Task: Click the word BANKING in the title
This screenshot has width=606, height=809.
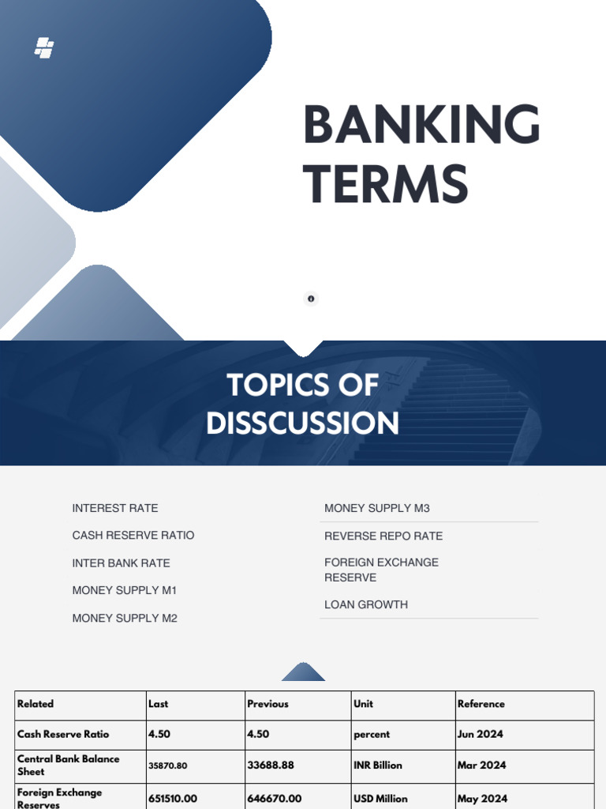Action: (x=421, y=126)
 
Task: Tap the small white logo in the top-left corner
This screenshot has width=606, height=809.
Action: (x=44, y=48)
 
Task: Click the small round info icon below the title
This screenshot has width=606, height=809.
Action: (x=311, y=299)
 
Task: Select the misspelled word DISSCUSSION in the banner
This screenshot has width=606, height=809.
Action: (x=302, y=423)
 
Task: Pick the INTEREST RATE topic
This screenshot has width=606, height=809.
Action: (x=115, y=508)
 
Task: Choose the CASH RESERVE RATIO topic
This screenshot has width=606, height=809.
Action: (x=133, y=535)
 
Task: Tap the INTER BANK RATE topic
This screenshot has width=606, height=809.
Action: (x=121, y=563)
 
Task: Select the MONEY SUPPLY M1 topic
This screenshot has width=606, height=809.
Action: (x=125, y=590)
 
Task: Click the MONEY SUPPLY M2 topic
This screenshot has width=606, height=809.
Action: (x=125, y=618)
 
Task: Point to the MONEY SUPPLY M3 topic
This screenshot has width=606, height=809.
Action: (x=377, y=508)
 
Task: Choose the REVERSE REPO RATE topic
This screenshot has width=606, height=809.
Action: (x=383, y=536)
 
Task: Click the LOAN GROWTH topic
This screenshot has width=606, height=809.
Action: (x=366, y=604)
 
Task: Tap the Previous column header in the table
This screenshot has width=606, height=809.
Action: (x=267, y=704)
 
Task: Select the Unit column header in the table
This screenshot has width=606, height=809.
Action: (x=364, y=704)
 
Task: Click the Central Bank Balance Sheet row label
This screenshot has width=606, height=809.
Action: (x=69, y=765)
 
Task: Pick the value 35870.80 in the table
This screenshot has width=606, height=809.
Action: (x=168, y=766)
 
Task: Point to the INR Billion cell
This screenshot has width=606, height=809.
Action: (x=378, y=765)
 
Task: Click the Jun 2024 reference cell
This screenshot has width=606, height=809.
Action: (x=480, y=734)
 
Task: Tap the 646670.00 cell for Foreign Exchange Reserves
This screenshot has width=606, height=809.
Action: (x=275, y=799)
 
